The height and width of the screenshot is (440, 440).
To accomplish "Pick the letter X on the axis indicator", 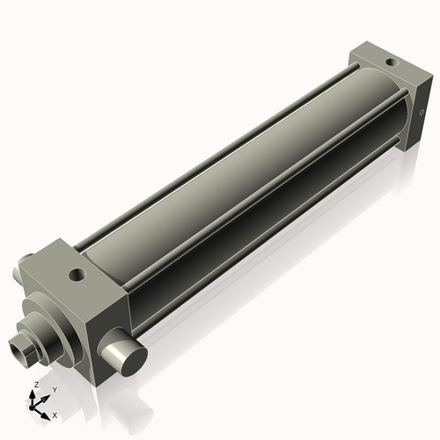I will pos(55,414).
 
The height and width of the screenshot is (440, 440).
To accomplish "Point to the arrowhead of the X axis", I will pos(47,412).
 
